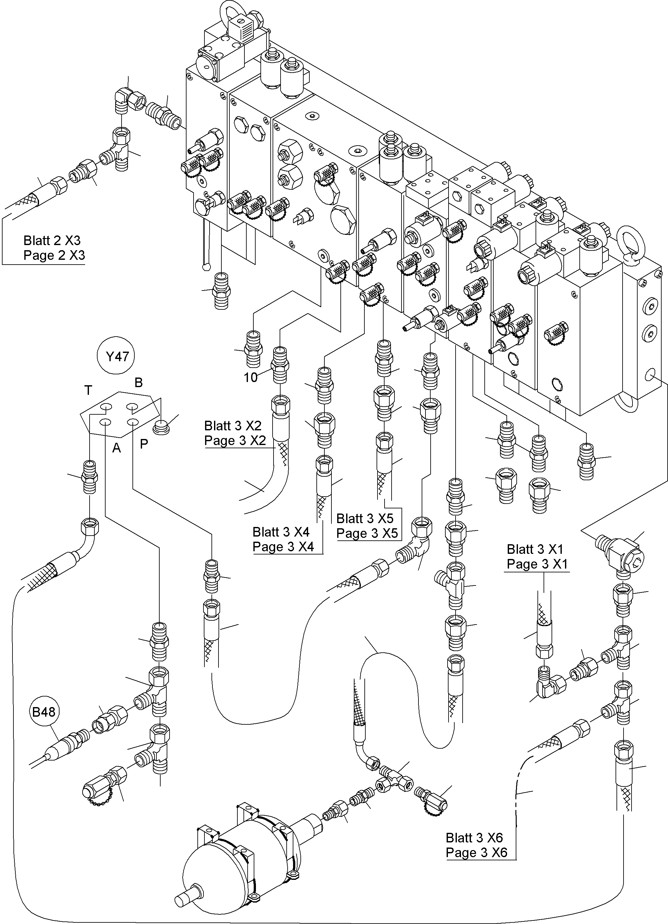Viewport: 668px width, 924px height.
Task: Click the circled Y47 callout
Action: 117,356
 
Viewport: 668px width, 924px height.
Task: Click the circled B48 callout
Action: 44,712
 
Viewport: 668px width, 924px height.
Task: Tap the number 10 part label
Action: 250,378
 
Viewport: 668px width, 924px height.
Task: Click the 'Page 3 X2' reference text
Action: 235,441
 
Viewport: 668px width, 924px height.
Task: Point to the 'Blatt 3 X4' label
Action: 281,532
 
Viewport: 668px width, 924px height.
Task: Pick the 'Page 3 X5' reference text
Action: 367,533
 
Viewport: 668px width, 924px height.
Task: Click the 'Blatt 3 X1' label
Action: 535,549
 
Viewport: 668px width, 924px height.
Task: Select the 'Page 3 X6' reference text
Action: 477,852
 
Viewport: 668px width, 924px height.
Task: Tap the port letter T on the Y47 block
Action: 88,390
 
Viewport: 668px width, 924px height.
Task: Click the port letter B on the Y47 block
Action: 139,383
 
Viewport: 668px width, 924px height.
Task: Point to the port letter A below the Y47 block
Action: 116,448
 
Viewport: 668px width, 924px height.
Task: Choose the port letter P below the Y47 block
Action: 144,444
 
